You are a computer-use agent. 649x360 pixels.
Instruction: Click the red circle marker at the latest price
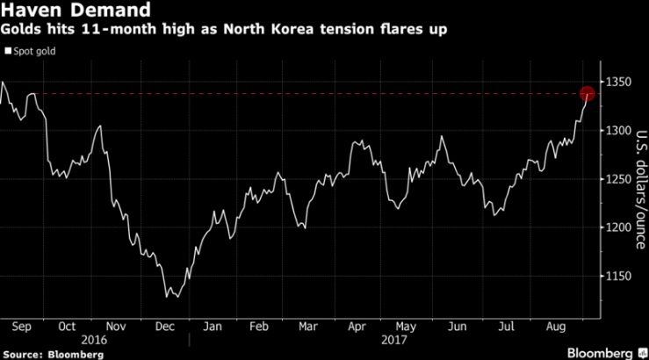(587, 94)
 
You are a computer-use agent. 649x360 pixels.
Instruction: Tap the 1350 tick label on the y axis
(619, 82)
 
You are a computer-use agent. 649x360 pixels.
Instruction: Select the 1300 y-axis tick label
(619, 131)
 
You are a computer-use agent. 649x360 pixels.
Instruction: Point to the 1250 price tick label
(619, 179)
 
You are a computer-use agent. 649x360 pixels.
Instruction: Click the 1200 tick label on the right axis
(619, 227)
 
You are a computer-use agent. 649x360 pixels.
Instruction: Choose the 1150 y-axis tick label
(619, 276)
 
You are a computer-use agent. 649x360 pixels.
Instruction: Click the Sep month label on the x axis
(22, 327)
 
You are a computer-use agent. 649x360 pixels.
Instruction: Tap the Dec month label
(165, 327)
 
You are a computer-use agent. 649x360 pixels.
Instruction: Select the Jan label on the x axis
(213, 327)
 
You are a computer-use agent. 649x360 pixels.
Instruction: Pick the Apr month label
(357, 327)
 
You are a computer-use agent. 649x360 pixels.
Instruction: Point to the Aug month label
(555, 327)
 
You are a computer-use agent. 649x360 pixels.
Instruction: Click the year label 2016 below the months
(94, 340)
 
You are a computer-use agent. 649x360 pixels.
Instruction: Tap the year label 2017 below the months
(394, 340)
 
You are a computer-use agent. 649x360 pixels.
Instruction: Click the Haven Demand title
(76, 10)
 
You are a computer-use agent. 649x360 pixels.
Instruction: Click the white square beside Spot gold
(8, 51)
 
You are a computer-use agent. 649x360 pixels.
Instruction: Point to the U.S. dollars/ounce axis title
(641, 190)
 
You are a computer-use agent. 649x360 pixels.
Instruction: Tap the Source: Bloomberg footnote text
(54, 355)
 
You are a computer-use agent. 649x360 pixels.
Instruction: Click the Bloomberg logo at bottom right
(607, 353)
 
